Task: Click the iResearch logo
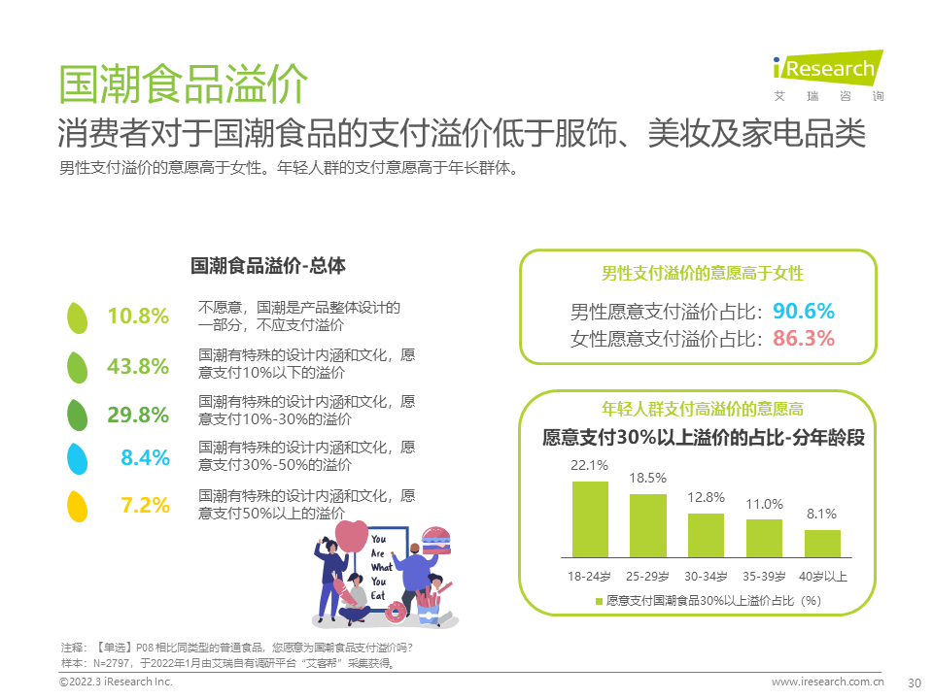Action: coord(827,70)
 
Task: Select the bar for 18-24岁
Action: coord(590,519)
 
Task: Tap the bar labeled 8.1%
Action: coord(822,543)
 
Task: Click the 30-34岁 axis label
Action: coord(706,576)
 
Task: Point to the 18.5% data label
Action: coord(647,478)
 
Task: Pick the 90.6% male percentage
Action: coord(804,312)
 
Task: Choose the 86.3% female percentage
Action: coord(804,339)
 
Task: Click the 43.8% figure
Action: coord(138,366)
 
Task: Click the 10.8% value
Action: coord(138,316)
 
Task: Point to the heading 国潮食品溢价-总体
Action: coord(267,265)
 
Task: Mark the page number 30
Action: coord(913,682)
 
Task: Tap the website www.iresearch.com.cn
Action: coord(827,682)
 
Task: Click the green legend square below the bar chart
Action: coord(599,601)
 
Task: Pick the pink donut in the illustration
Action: coord(397,612)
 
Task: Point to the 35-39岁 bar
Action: coord(764,538)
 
